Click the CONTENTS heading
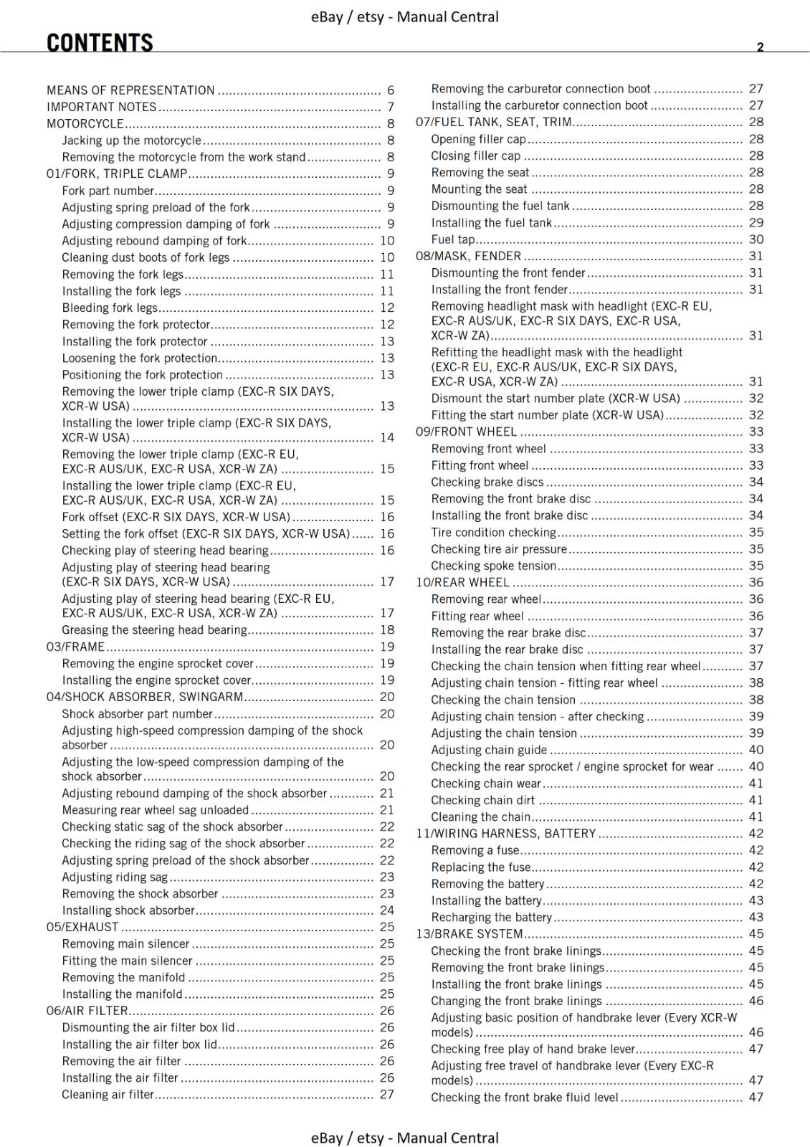[100, 43]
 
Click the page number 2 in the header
[760, 47]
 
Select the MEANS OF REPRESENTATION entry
[130, 90]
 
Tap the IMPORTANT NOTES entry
[101, 107]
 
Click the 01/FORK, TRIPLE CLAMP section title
[117, 173]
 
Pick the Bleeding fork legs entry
[110, 308]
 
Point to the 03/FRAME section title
[75, 647]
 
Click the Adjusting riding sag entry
[115, 877]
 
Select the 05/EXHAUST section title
[82, 927]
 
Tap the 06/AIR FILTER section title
[87, 1011]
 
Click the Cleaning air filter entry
[108, 1095]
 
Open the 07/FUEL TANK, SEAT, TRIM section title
[494, 122]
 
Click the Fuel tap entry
[453, 239]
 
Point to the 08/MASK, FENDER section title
[469, 256]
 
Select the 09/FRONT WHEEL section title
[467, 432]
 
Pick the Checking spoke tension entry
[494, 566]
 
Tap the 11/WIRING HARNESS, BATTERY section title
[506, 834]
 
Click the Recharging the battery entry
[492, 917]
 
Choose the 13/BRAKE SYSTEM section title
[470, 934]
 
